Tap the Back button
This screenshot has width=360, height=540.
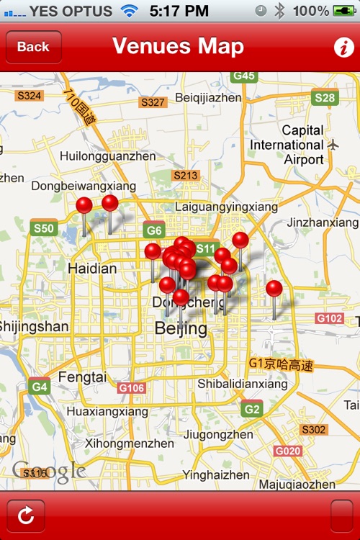click(33, 47)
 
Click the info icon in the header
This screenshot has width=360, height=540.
click(343, 48)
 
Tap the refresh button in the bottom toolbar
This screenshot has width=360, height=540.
click(26, 516)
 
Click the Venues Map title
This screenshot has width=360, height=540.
click(178, 47)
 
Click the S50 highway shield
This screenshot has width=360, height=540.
click(43, 229)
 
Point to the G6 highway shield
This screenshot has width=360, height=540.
click(153, 230)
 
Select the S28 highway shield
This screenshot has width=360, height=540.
click(325, 98)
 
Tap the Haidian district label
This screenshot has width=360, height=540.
click(91, 269)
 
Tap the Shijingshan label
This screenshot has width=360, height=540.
click(33, 326)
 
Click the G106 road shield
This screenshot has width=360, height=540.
click(131, 388)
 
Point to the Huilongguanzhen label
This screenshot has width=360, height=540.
click(107, 156)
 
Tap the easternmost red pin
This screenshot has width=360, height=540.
click(274, 289)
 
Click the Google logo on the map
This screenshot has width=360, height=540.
click(49, 472)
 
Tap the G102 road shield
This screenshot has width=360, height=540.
click(330, 318)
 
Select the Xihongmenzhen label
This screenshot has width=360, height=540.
click(130, 444)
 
